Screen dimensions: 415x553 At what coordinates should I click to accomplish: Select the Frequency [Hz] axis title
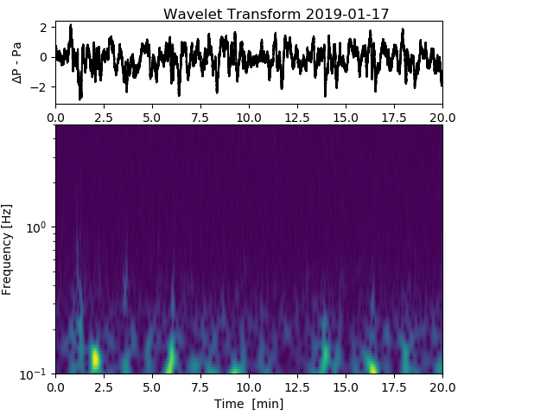click(x=8, y=249)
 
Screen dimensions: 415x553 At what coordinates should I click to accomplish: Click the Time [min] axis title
click(x=249, y=404)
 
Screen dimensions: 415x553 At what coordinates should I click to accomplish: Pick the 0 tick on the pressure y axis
click(x=43, y=57)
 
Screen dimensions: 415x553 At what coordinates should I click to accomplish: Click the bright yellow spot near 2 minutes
click(x=95, y=357)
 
